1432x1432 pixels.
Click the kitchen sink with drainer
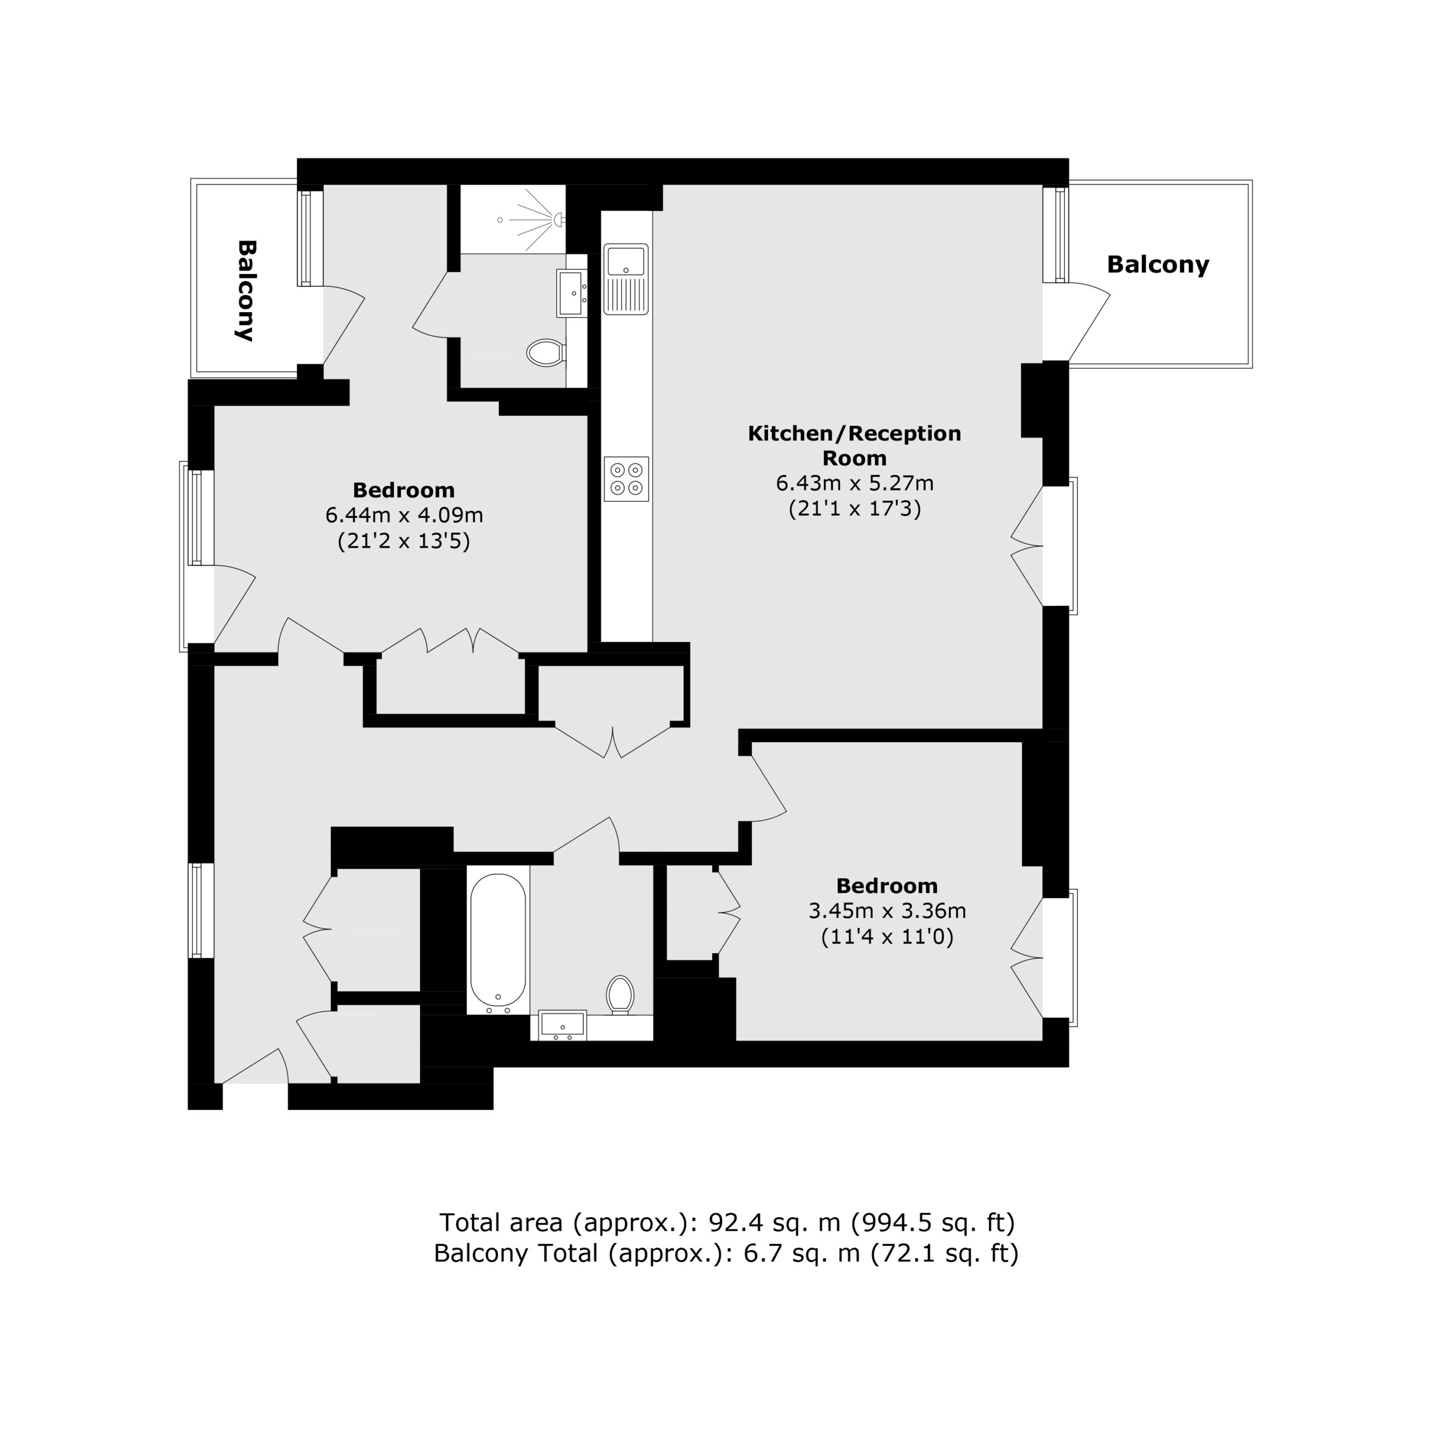[x=626, y=279]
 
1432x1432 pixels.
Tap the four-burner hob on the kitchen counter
[x=626, y=479]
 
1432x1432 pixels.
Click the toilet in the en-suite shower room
[x=547, y=353]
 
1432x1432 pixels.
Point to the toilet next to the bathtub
[x=620, y=995]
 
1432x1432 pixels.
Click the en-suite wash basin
[x=572, y=294]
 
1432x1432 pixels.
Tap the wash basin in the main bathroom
[x=563, y=1025]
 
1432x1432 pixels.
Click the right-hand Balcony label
[x=1158, y=265]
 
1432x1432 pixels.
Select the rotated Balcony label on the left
[x=246, y=290]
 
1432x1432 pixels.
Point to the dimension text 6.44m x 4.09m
[x=404, y=515]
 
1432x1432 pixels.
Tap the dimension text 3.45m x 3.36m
[x=887, y=910]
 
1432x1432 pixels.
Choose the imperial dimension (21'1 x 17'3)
[x=855, y=508]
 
